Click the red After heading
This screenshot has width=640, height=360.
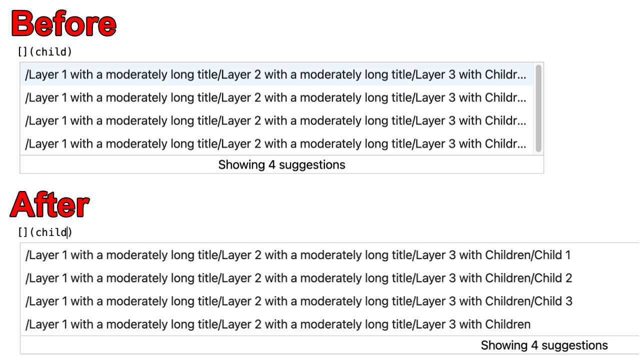tap(50, 205)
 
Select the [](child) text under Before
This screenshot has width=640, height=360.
tap(45, 51)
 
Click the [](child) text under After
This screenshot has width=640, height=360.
tap(45, 232)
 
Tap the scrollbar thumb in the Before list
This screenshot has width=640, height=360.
tap(538, 108)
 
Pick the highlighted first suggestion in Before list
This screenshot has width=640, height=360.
tap(275, 75)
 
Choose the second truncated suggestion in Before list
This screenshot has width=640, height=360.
tap(275, 98)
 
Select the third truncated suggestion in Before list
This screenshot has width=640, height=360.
tap(275, 121)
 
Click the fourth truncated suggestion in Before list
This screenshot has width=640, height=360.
tap(275, 144)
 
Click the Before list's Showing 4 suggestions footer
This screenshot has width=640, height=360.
tap(281, 164)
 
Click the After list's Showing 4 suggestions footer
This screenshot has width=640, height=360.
tap(544, 345)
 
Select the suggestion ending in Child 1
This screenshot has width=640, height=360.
tap(297, 255)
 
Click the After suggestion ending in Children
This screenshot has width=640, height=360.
tap(277, 324)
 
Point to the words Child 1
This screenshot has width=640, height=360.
tap(552, 255)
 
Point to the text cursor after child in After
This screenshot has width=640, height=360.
tap(67, 232)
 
